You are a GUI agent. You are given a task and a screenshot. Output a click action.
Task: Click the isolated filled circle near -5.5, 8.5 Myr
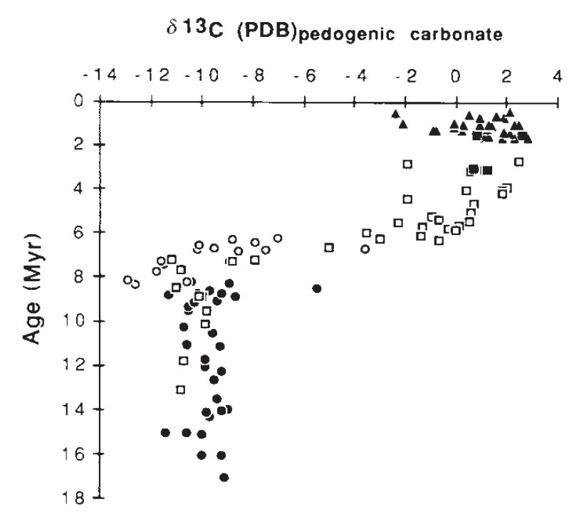click(x=317, y=288)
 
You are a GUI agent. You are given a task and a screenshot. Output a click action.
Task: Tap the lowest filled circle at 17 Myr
click(x=224, y=477)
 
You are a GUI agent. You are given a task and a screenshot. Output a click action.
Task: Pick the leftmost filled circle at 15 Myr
click(x=166, y=432)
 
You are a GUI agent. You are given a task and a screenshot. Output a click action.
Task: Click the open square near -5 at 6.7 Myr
click(x=329, y=247)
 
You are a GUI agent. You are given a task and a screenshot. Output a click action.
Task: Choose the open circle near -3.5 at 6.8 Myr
click(x=365, y=249)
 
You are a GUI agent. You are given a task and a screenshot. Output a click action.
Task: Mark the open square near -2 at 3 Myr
click(x=407, y=164)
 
